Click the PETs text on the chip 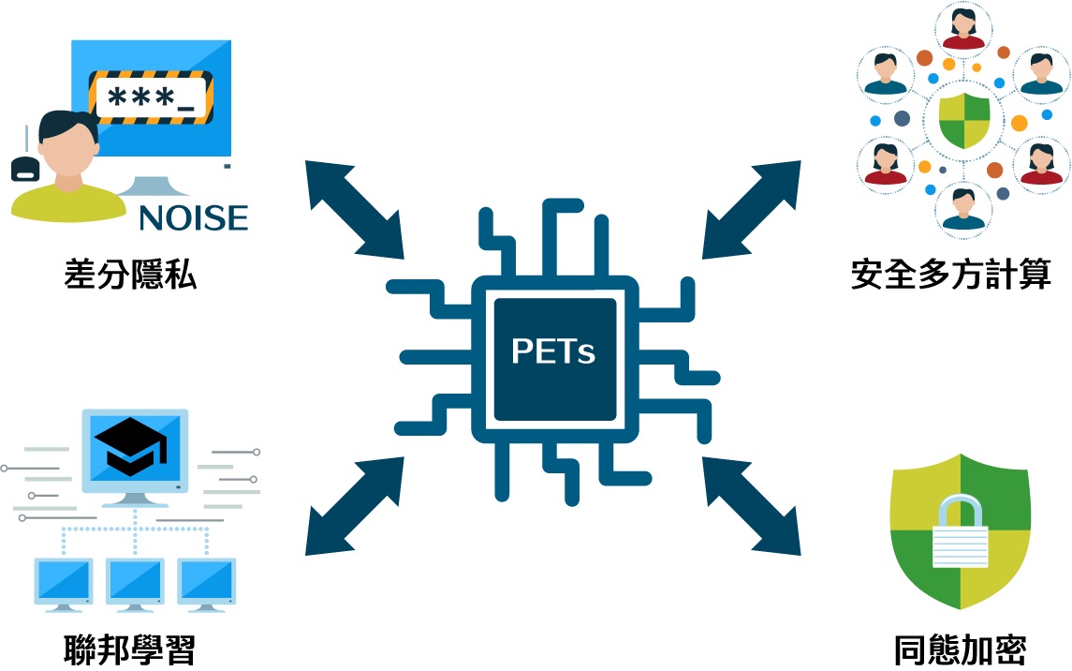[x=553, y=351]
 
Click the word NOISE [x=194, y=217]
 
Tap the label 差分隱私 [x=131, y=275]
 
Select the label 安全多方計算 [x=951, y=275]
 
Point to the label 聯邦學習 [x=130, y=649]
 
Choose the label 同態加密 [x=960, y=649]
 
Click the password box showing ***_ [x=153, y=97]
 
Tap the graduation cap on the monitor [x=137, y=448]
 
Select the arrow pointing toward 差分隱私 [x=353, y=208]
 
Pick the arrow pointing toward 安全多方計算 [x=752, y=208]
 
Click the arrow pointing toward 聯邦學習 [x=354, y=505]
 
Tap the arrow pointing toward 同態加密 [x=752, y=505]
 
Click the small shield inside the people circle [x=963, y=121]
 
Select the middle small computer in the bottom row [x=136, y=582]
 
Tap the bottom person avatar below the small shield [x=963, y=208]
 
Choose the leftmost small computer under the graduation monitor [x=64, y=582]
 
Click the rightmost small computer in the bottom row [x=207, y=582]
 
